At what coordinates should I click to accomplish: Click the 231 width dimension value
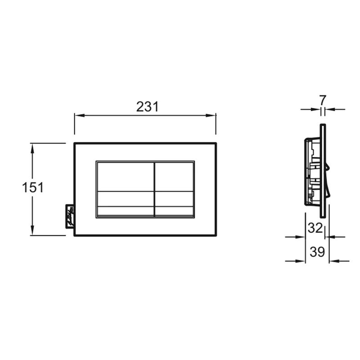pyautogui.click(x=148, y=107)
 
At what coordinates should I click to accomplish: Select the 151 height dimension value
pyautogui.click(x=32, y=187)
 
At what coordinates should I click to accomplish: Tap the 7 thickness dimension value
pyautogui.click(x=323, y=100)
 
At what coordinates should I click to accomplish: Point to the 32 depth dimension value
pyautogui.click(x=315, y=228)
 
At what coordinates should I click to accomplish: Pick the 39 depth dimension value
pyautogui.click(x=318, y=252)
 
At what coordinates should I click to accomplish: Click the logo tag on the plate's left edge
pyautogui.click(x=70, y=216)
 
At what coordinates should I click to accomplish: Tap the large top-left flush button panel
pyautogui.click(x=125, y=177)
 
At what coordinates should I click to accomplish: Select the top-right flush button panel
pyautogui.click(x=174, y=177)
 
